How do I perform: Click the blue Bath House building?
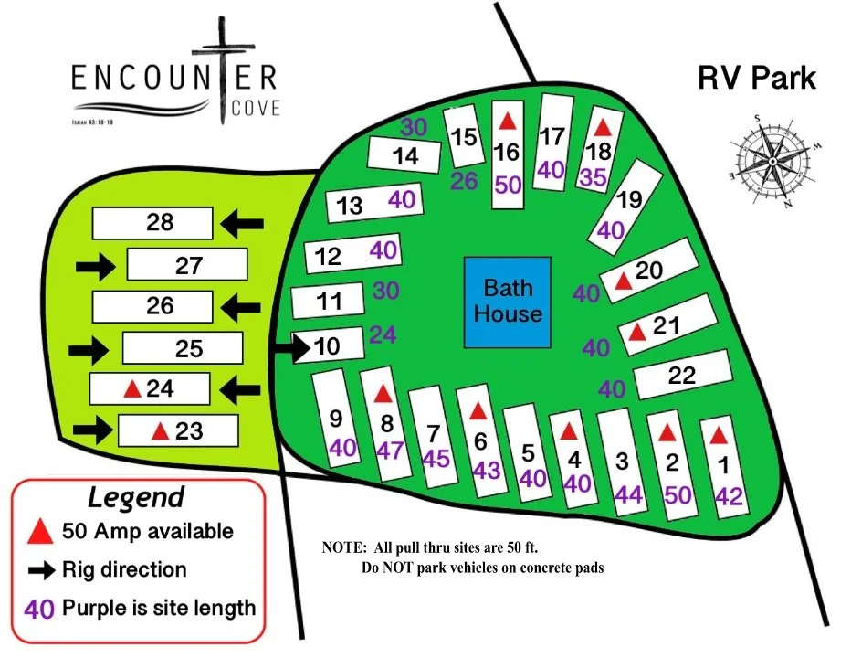(508, 301)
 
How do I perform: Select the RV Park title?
(757, 78)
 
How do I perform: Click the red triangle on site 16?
(509, 121)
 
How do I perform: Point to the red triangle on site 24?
(131, 388)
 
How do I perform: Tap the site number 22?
(682, 375)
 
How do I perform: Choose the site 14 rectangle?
(406, 155)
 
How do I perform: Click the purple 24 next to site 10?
(383, 334)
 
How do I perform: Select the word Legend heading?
(136, 497)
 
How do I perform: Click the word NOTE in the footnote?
(343, 548)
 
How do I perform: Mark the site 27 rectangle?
(187, 265)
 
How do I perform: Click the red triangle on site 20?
(624, 281)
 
